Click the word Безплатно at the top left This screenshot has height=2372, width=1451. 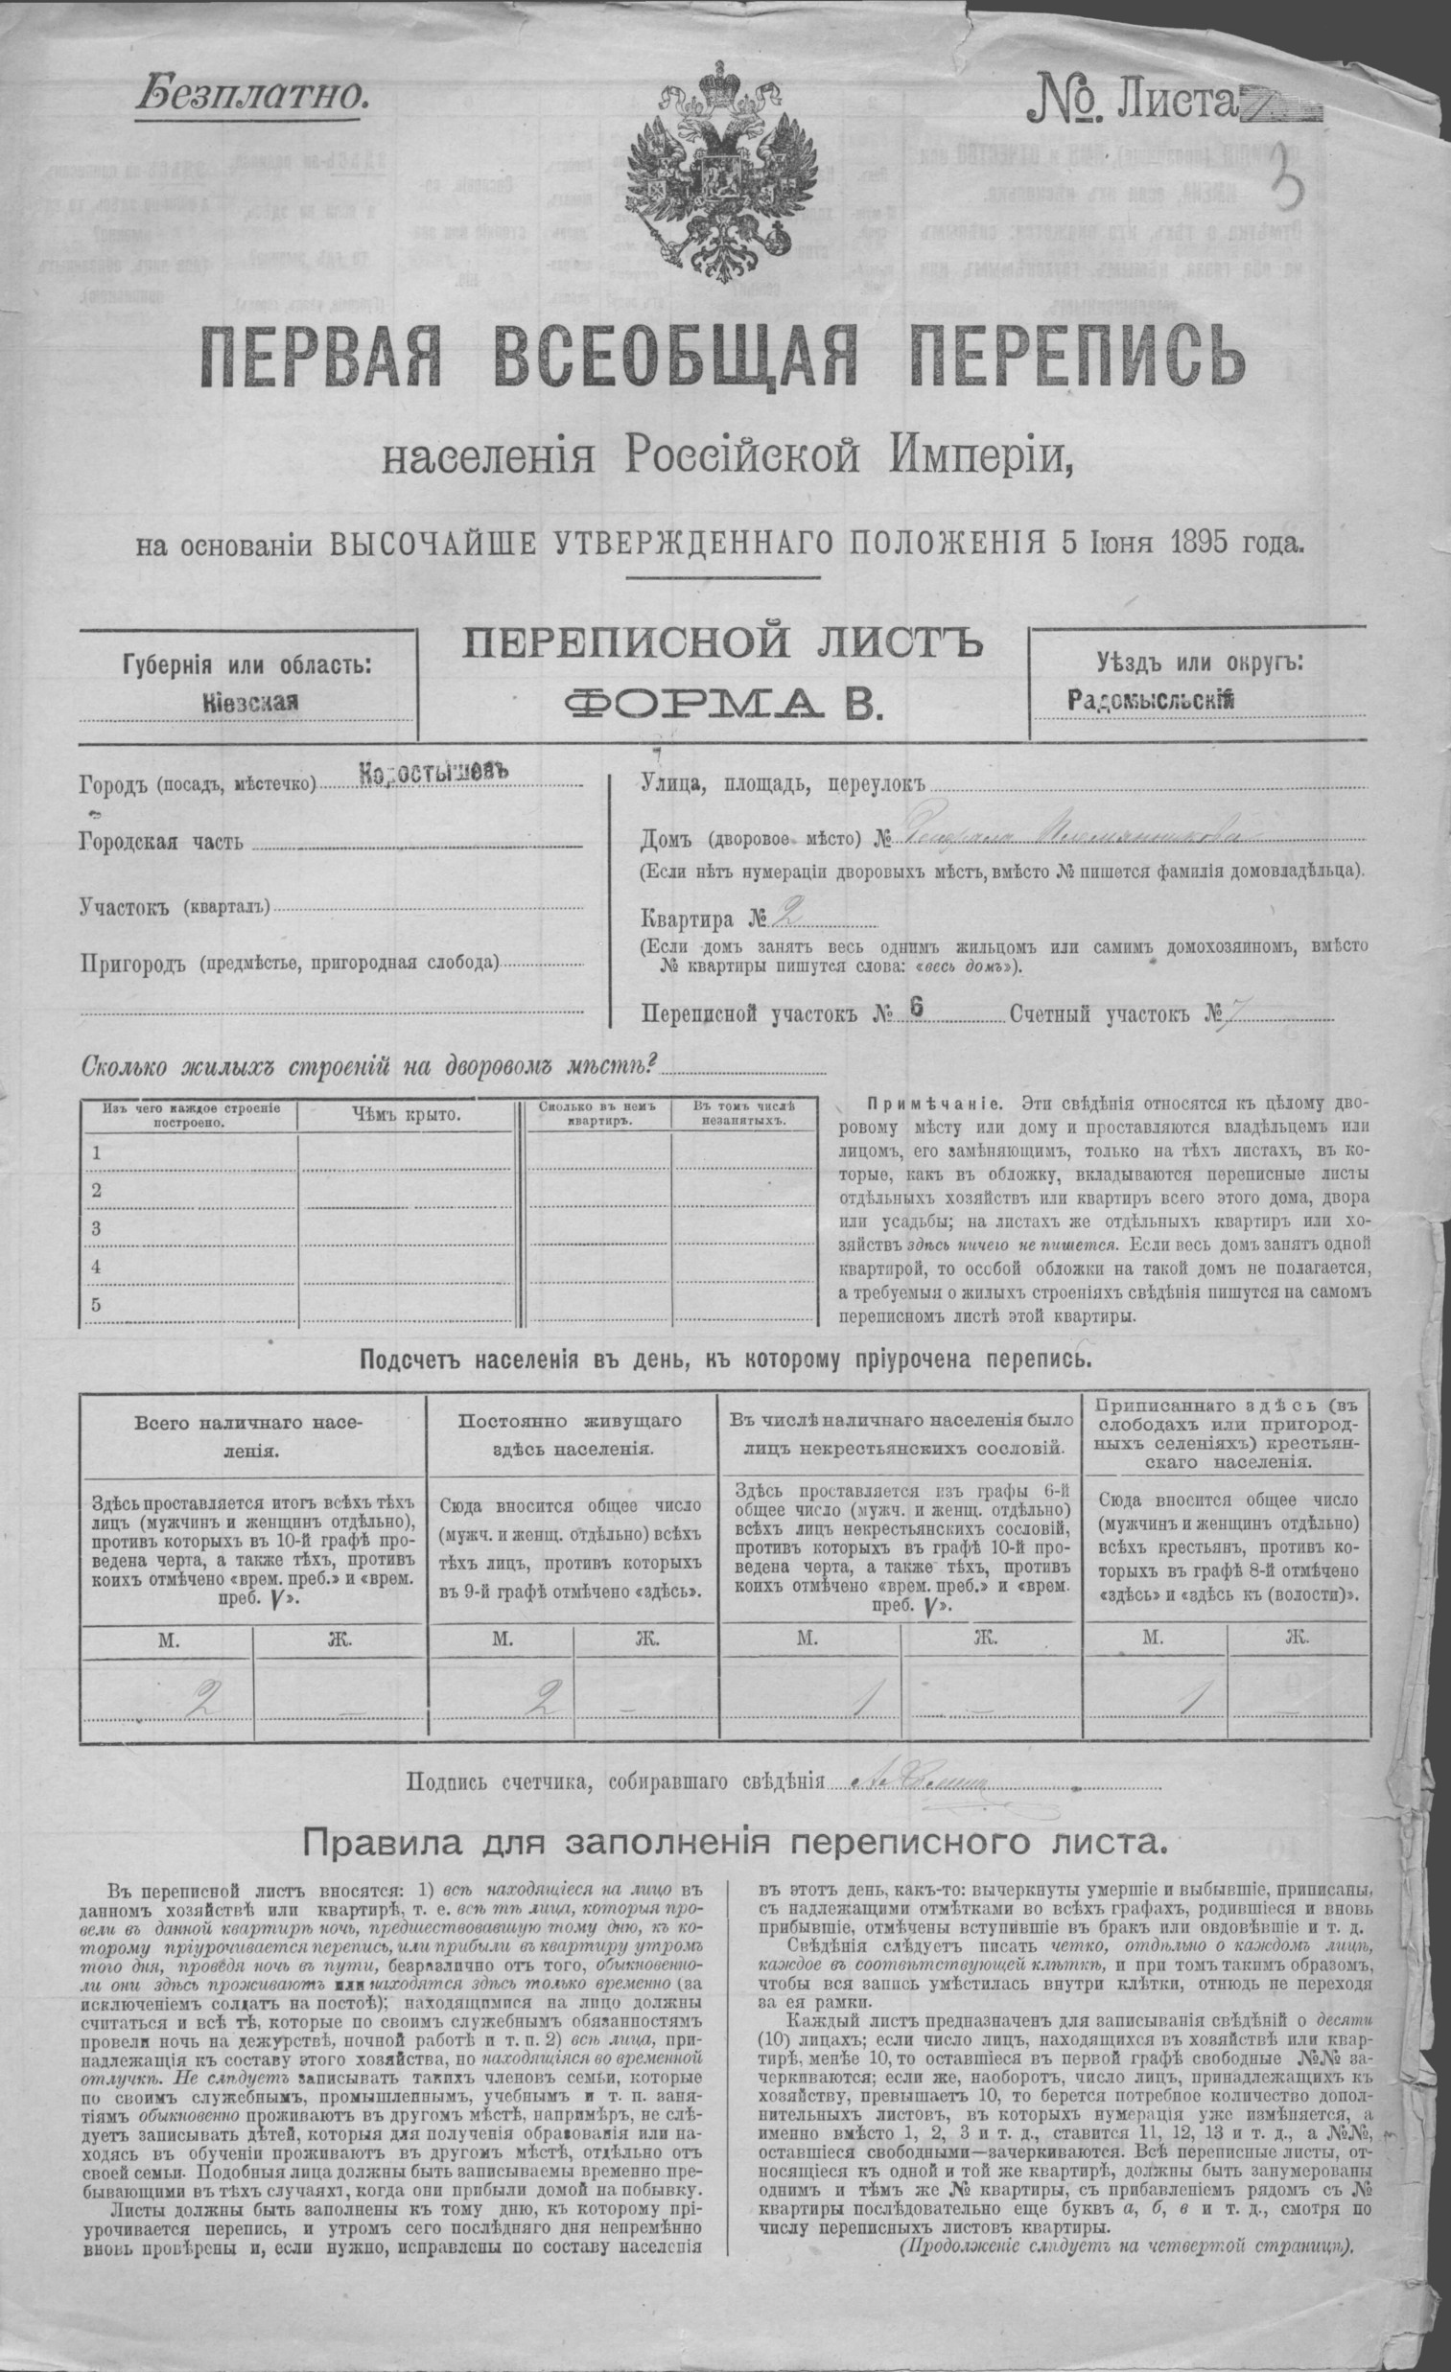coord(253,94)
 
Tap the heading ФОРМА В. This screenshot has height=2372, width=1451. coord(723,705)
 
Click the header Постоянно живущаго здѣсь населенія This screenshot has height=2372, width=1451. coord(571,1434)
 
